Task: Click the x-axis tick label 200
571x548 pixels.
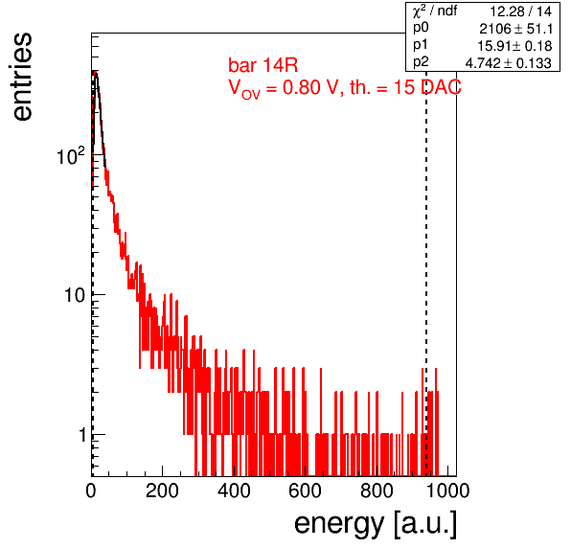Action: (x=162, y=491)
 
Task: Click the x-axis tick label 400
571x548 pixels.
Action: (x=234, y=491)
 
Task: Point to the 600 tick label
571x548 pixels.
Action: (x=306, y=491)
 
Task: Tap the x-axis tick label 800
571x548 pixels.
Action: (x=377, y=491)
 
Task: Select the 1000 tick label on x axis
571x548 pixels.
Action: (x=447, y=491)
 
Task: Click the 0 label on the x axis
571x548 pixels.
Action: (x=91, y=491)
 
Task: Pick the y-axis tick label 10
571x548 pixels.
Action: (x=75, y=295)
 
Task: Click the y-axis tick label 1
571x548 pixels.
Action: (x=82, y=435)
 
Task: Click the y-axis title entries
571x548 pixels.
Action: (x=22, y=77)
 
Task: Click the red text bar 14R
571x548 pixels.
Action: (x=263, y=65)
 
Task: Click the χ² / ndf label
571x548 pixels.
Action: (x=435, y=11)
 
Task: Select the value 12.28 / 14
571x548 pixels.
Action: (x=521, y=11)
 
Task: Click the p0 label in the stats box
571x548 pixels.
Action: (x=421, y=28)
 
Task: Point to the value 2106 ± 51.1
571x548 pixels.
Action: (x=516, y=29)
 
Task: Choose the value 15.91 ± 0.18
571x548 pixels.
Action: (x=514, y=46)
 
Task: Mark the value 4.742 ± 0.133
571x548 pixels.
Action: (x=509, y=63)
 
